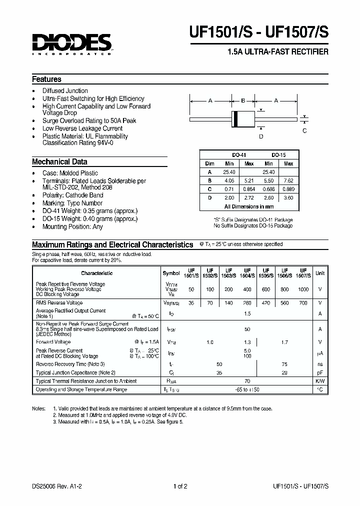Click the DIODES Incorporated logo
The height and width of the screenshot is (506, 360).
tap(71, 44)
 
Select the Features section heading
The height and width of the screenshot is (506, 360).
tap(46, 79)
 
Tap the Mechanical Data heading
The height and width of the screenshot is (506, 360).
tap(59, 162)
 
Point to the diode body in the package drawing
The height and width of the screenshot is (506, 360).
tap(242, 119)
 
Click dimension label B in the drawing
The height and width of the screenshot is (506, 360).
tap(242, 101)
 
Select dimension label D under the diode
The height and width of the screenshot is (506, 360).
tap(260, 136)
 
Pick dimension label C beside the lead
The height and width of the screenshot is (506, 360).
tap(304, 131)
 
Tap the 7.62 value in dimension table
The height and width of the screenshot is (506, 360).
tap(288, 180)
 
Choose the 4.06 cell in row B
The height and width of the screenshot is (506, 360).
tap(229, 180)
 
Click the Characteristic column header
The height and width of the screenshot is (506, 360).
tap(96, 273)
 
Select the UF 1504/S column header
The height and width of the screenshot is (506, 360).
tap(247, 273)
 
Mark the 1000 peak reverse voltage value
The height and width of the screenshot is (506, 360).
tap(303, 289)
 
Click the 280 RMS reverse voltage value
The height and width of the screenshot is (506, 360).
tap(247, 303)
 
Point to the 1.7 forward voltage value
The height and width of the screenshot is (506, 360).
tap(285, 342)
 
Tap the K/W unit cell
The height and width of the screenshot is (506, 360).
tap(320, 381)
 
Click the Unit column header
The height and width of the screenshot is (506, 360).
tap(320, 273)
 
